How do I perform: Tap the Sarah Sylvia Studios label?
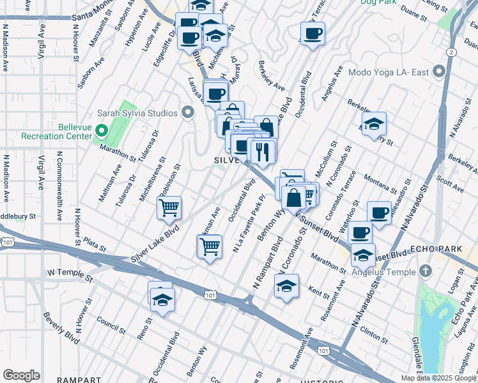pos(136,114)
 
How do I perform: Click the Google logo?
pos(21,375)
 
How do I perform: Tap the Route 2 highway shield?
pos(452,51)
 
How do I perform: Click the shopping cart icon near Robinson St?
pos(169,207)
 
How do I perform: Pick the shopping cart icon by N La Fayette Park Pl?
pos(210,245)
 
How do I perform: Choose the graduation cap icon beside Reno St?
pos(162,299)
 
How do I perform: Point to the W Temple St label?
pos(70,273)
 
